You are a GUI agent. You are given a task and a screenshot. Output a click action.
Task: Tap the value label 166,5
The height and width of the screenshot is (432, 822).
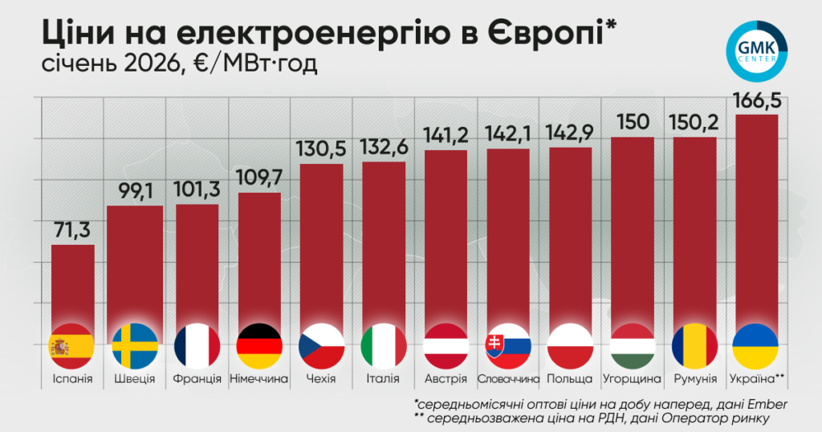pyautogui.click(x=756, y=102)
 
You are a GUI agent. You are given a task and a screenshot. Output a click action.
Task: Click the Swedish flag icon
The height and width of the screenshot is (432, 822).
pyautogui.click(x=134, y=346)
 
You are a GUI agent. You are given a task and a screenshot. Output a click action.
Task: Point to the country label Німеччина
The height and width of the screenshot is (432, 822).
pyautogui.click(x=259, y=378)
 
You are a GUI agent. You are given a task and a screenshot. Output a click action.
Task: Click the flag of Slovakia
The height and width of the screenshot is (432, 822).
pyautogui.click(x=507, y=346)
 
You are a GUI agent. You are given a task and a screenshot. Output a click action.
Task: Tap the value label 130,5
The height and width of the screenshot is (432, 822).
pyautogui.click(x=321, y=151)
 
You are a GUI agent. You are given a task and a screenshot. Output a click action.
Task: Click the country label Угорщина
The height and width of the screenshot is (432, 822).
pyautogui.click(x=632, y=378)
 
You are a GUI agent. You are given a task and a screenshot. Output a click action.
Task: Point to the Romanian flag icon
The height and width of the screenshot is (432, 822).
pyautogui.click(x=694, y=346)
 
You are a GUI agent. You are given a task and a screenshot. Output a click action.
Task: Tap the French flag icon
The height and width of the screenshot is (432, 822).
pyautogui.click(x=197, y=346)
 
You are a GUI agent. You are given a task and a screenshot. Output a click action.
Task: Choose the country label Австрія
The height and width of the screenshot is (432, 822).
pyautogui.click(x=446, y=378)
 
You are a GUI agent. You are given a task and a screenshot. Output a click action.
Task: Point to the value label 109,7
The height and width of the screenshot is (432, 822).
pyautogui.click(x=259, y=179)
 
